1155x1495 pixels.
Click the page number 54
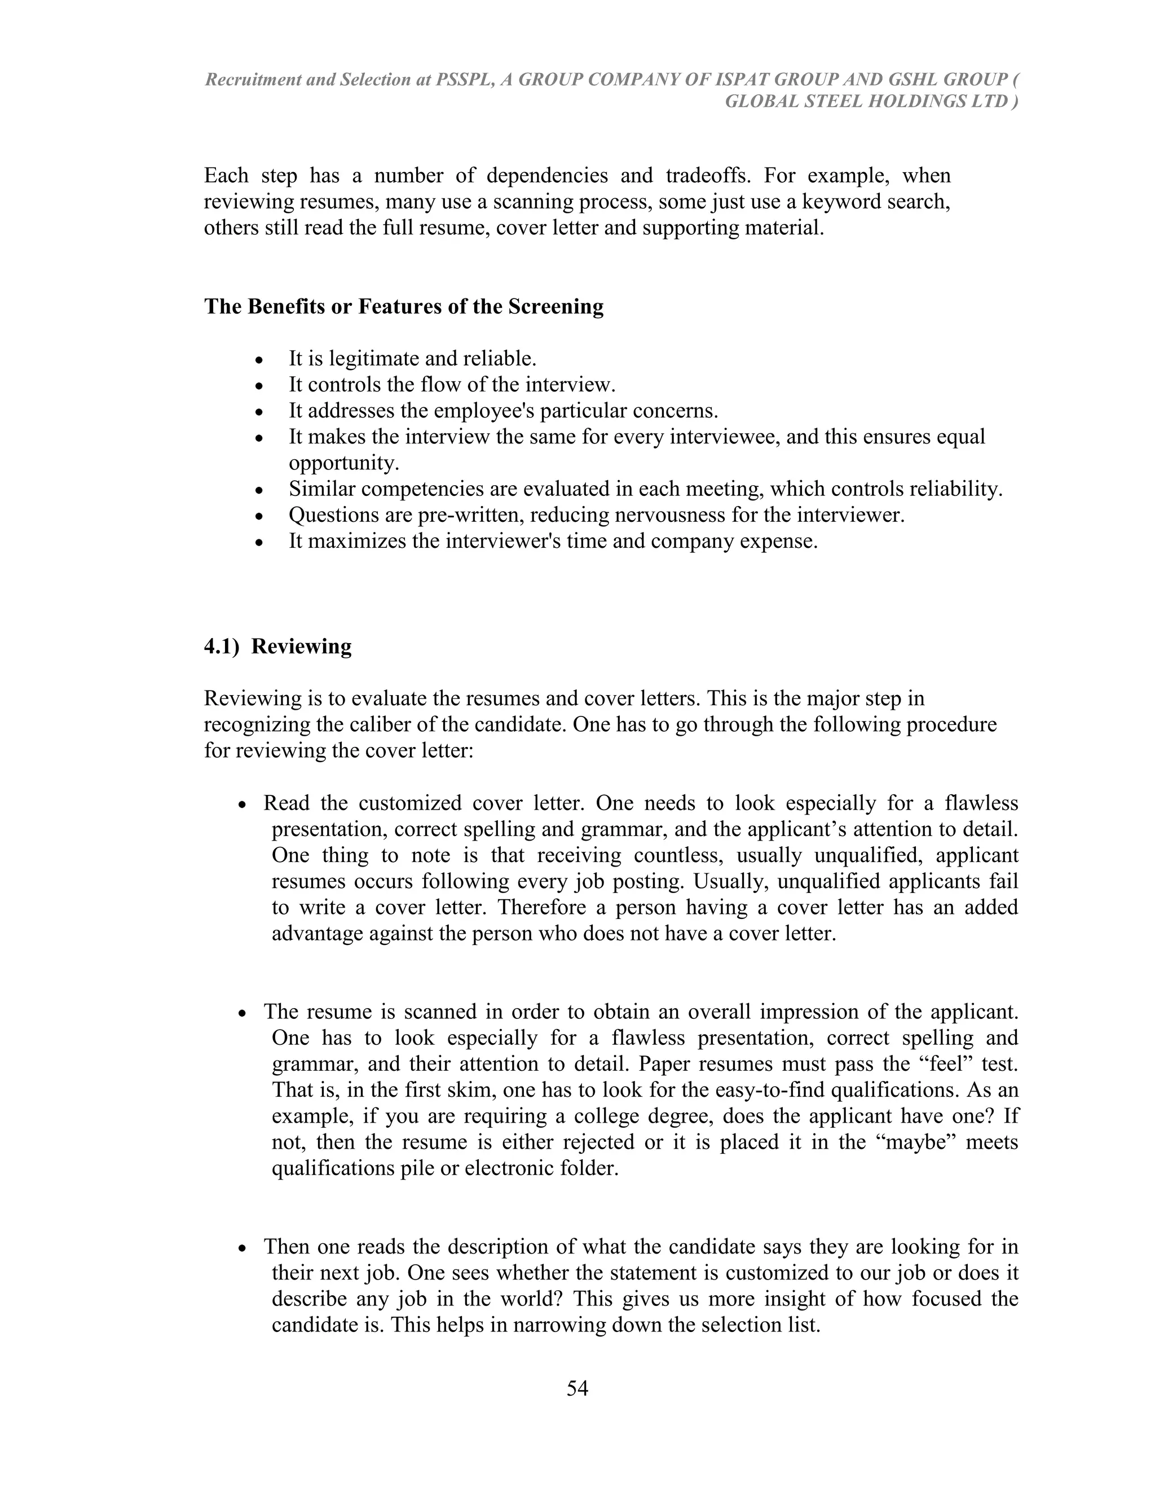pyautogui.click(x=577, y=1388)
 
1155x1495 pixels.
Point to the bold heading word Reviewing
pyautogui.click(x=301, y=646)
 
